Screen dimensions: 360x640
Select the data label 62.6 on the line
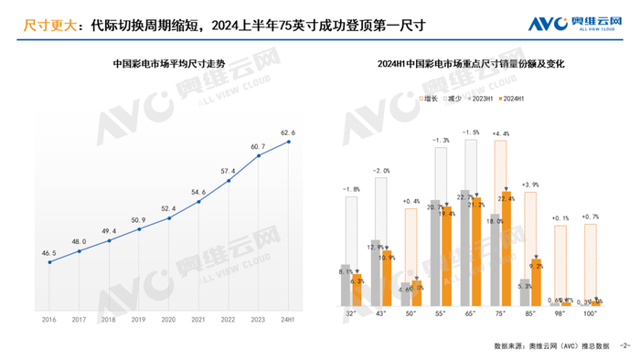288,132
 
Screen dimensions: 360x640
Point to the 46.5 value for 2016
48,252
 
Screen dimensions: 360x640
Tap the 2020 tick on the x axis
169,319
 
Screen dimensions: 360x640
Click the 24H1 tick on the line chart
289,319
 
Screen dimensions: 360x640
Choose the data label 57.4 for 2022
229,171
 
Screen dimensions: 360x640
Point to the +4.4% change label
500,134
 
